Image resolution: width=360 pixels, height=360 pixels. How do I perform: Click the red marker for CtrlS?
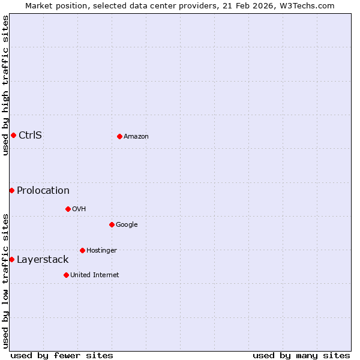(13, 135)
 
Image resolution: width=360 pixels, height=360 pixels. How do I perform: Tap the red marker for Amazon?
(119, 136)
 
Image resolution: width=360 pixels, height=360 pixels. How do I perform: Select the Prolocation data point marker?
(11, 190)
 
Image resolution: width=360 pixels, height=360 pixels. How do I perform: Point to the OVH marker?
(68, 209)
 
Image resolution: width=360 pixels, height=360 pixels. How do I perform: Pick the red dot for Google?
(112, 224)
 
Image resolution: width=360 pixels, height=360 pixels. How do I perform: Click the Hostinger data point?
(82, 250)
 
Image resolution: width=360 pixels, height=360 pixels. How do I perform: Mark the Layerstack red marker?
(11, 259)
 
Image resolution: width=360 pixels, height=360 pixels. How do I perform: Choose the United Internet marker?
(66, 275)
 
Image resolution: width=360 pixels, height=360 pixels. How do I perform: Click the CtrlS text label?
(30, 135)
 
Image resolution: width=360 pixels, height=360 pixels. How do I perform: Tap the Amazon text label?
(136, 137)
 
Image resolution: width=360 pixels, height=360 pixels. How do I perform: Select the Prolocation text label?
(43, 191)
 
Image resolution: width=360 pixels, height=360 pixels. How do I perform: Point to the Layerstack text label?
(43, 260)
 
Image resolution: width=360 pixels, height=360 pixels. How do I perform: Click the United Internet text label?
(95, 275)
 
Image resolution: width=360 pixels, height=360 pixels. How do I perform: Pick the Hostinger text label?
(101, 251)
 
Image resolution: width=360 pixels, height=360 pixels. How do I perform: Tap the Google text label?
(127, 225)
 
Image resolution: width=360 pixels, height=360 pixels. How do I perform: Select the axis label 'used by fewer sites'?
(62, 355)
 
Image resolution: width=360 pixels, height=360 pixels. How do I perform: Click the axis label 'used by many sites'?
(301, 355)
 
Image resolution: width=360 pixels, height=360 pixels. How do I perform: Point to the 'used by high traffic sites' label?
(5, 85)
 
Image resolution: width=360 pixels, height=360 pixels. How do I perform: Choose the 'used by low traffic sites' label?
(5, 280)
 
